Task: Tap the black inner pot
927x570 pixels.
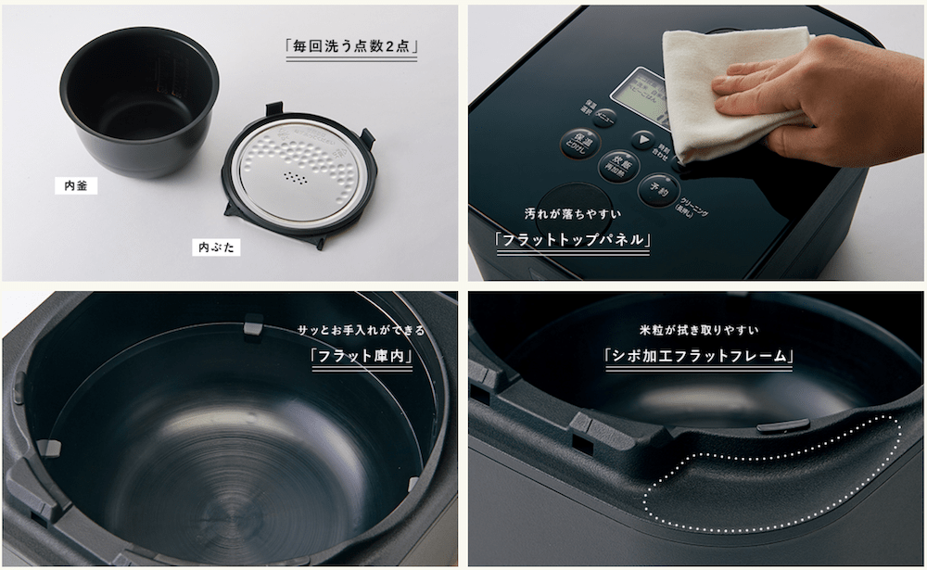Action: click(x=139, y=102)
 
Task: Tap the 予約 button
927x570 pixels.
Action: click(x=659, y=189)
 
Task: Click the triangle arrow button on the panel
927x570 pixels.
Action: click(x=642, y=140)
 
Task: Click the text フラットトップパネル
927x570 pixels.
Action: click(x=571, y=240)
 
